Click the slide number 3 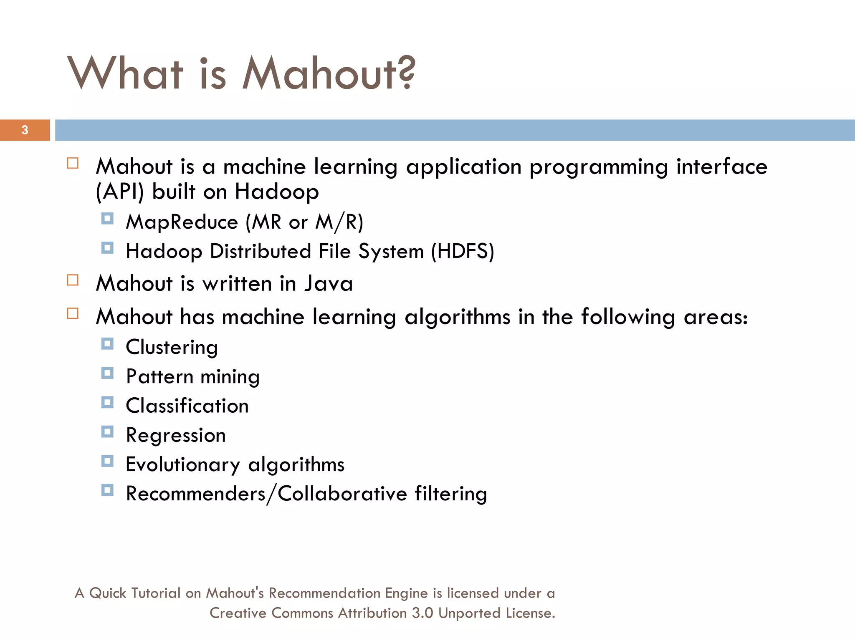pyautogui.click(x=25, y=130)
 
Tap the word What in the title pyautogui.click(x=125, y=73)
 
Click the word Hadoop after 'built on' pyautogui.click(x=277, y=192)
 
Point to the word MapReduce pyautogui.click(x=182, y=222)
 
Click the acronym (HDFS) pyautogui.click(x=463, y=251)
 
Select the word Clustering pyautogui.click(x=172, y=348)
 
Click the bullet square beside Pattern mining pyautogui.click(x=107, y=373)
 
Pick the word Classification pyautogui.click(x=187, y=406)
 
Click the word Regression pyautogui.click(x=176, y=436)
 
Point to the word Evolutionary pyautogui.click(x=183, y=465)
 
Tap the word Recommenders pyautogui.click(x=196, y=494)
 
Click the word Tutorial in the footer pyautogui.click(x=156, y=593)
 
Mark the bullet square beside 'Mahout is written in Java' pyautogui.click(x=73, y=280)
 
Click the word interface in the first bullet pyautogui.click(x=721, y=167)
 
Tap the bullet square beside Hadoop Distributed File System pyautogui.click(x=107, y=248)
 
